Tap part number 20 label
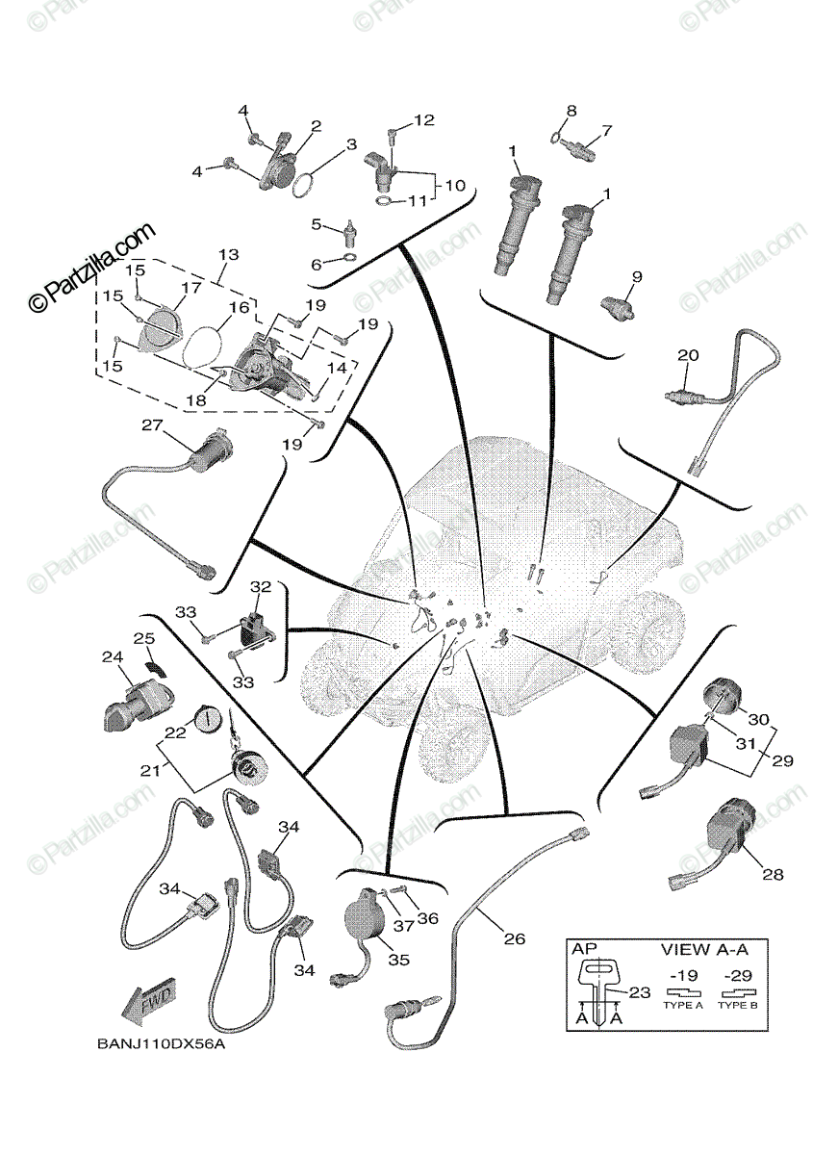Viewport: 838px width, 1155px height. point(687,356)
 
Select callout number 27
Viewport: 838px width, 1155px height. point(152,424)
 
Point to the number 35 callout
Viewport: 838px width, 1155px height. point(398,959)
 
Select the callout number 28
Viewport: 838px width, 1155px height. point(773,874)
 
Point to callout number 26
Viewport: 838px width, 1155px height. point(515,937)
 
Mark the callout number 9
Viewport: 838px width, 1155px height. point(635,276)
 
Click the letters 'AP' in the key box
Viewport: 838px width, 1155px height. point(585,949)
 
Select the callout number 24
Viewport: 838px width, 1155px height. point(112,658)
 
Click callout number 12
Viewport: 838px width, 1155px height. point(424,120)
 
